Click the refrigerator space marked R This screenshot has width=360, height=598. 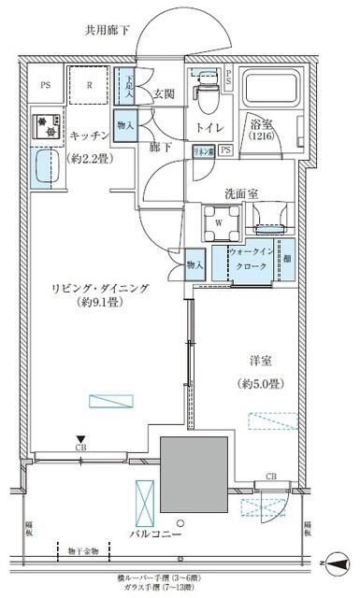click(x=90, y=86)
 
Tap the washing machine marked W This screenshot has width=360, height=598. click(x=218, y=221)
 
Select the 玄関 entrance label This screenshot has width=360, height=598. click(x=165, y=93)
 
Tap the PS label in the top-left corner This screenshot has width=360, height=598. click(x=44, y=85)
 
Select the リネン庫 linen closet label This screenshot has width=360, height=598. click(x=205, y=150)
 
